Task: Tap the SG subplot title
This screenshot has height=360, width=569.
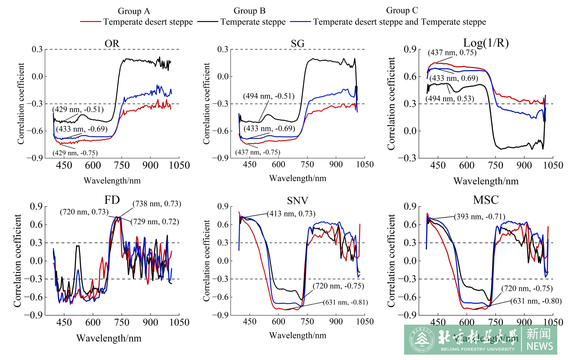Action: tap(298, 43)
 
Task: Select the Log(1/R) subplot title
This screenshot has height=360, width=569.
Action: tap(485, 42)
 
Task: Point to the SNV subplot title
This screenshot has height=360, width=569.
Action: tap(298, 200)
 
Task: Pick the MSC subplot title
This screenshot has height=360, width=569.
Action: tap(485, 199)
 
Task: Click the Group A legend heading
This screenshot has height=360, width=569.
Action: tap(133, 11)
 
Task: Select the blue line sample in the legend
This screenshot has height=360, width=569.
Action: tap(301, 22)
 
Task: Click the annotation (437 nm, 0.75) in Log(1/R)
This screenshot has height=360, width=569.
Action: tap(451, 52)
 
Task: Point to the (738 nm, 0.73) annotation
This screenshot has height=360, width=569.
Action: tap(156, 204)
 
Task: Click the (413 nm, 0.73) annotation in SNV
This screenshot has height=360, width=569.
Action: tap(291, 213)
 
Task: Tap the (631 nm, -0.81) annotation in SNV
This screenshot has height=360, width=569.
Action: tap(345, 302)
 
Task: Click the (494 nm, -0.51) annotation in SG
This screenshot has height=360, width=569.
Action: tap(269, 96)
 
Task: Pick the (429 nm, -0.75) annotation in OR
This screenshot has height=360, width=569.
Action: tap(75, 153)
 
